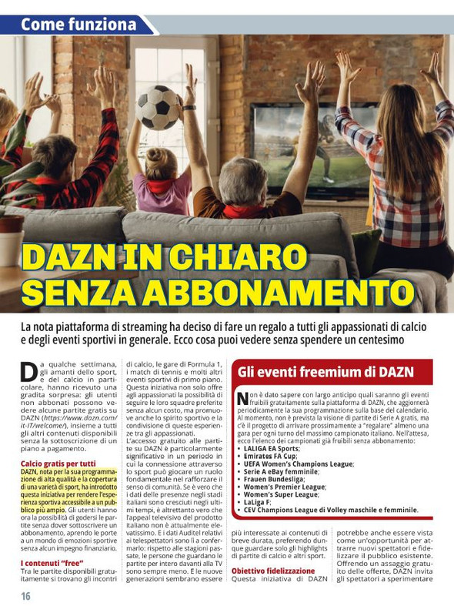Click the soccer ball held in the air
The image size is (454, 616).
159,107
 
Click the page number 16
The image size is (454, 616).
26,597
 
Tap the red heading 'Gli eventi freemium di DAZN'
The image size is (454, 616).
325,372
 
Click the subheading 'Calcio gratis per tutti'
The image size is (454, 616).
58,464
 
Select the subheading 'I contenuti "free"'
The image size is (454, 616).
52,564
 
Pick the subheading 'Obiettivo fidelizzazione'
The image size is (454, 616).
273,571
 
